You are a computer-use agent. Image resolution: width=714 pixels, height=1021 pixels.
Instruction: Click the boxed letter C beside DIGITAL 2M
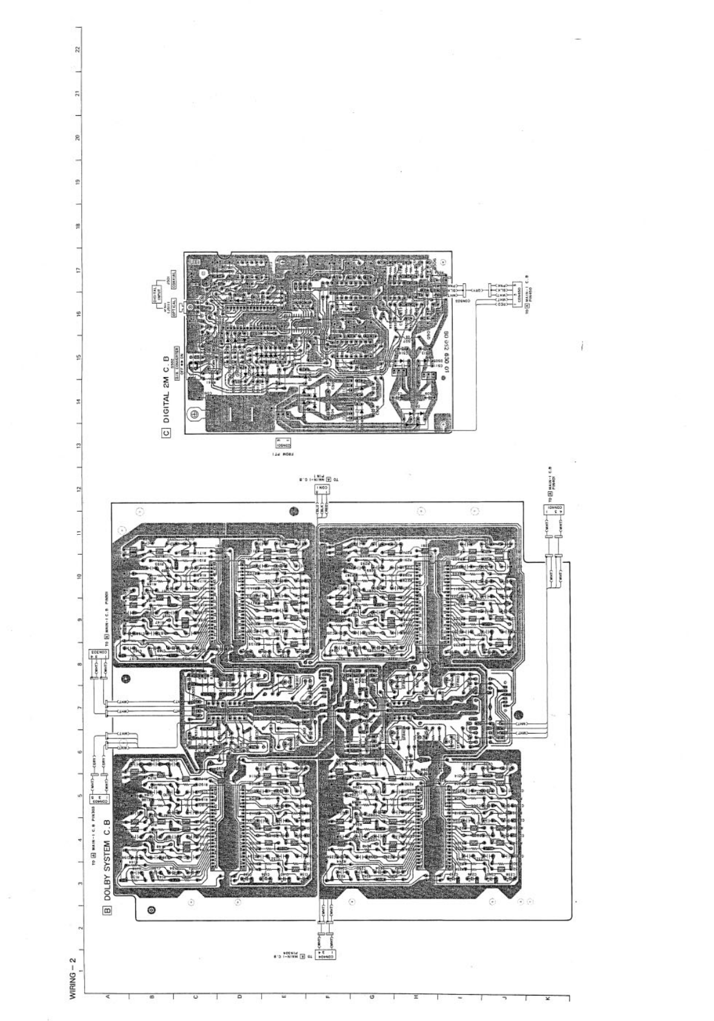pyautogui.click(x=165, y=432)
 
